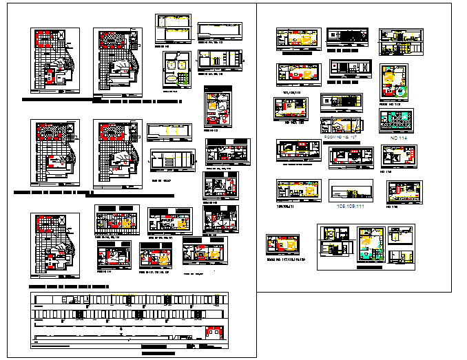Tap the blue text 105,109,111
click(x=350, y=205)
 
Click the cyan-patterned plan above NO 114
click(x=396, y=120)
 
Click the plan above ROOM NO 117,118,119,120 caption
click(x=284, y=245)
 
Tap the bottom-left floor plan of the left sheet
click(x=54, y=244)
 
